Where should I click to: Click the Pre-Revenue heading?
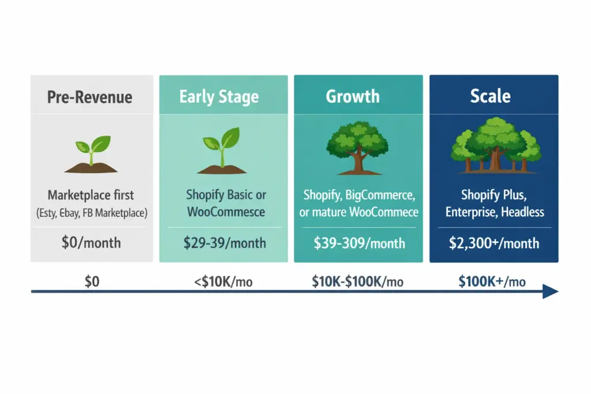[89, 97]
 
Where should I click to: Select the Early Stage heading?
[219, 97]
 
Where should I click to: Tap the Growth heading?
[353, 96]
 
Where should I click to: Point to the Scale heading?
[490, 96]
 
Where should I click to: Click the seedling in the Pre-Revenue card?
[91, 153]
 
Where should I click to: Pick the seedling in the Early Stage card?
[222, 153]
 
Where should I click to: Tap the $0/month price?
[91, 242]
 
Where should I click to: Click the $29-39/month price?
[225, 243]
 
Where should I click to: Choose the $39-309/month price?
[359, 243]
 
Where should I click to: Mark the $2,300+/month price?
[494, 243]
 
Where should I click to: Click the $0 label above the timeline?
[92, 282]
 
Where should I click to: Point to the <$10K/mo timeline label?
[224, 282]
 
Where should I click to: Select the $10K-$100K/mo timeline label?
[357, 282]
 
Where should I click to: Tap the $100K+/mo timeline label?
[492, 282]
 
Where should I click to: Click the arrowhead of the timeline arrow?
[551, 291]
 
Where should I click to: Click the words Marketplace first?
[91, 195]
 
